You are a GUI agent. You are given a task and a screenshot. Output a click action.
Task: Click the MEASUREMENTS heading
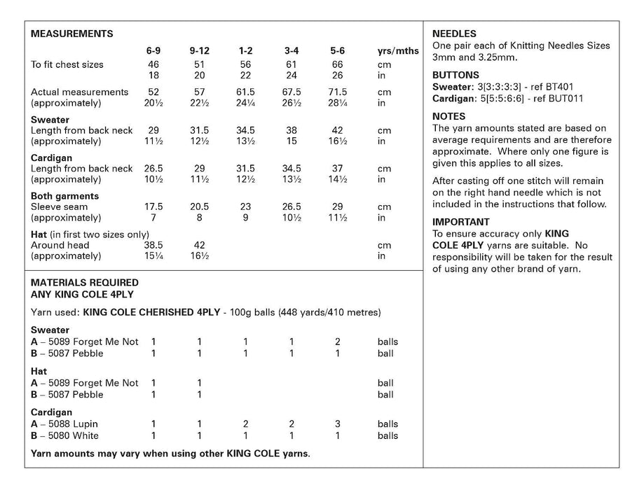click(x=72, y=34)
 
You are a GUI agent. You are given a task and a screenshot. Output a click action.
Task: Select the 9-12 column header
click(x=200, y=51)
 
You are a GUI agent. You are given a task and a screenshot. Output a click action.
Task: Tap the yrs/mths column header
click(x=398, y=51)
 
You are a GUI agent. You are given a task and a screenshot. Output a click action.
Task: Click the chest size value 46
click(x=153, y=64)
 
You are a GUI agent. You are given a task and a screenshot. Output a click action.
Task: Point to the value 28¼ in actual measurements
click(x=338, y=103)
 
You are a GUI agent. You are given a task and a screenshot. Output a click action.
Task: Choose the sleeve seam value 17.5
click(x=153, y=207)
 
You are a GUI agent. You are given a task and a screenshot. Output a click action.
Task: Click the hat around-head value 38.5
click(x=153, y=246)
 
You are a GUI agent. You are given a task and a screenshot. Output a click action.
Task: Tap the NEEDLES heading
click(x=455, y=34)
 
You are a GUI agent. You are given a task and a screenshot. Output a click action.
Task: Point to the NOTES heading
click(x=449, y=116)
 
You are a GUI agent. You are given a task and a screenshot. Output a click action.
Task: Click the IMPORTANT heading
click(x=460, y=222)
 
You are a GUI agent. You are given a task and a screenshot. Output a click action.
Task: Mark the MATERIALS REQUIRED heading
click(x=85, y=283)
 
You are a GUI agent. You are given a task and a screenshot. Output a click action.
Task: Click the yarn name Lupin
click(x=85, y=424)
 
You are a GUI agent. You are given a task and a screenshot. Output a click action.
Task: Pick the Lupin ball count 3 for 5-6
click(x=338, y=424)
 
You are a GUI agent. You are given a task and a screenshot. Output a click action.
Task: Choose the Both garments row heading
click(x=65, y=196)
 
